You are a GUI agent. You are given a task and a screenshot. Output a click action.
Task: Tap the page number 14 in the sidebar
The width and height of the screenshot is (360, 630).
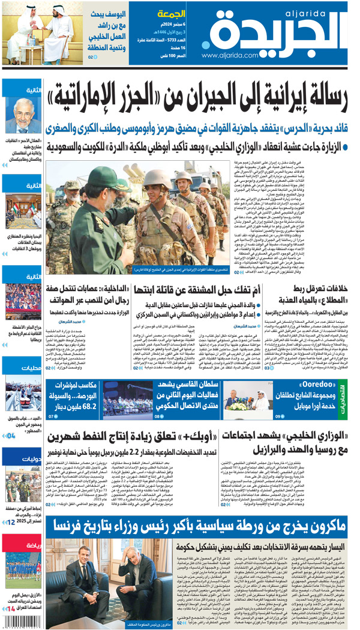[x=11, y=609]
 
